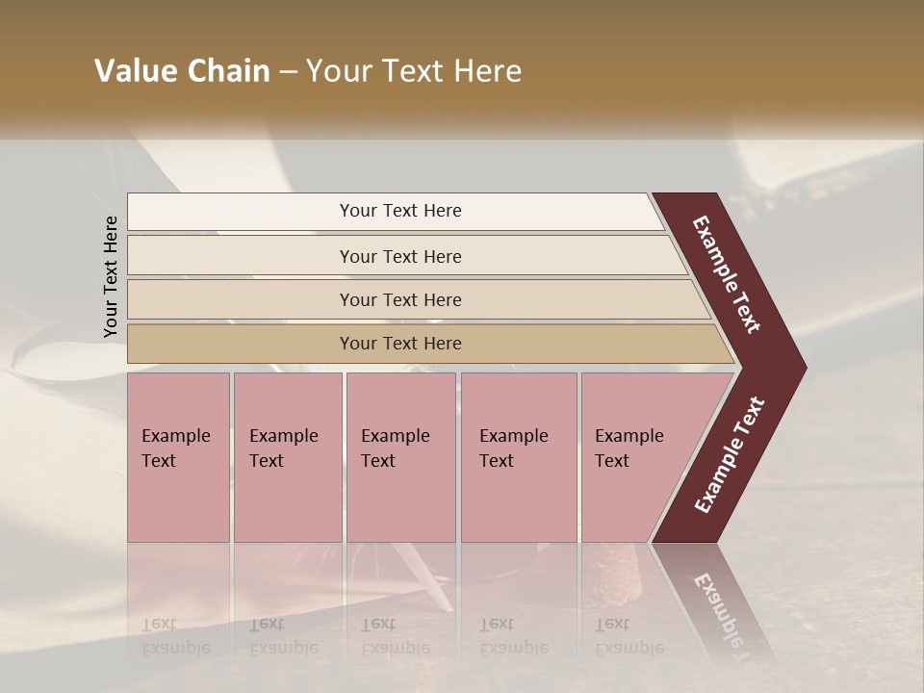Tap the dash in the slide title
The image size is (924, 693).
[288, 72]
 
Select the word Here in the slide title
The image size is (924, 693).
[487, 71]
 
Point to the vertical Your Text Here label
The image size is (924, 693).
[111, 276]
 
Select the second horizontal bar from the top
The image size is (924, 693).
[400, 256]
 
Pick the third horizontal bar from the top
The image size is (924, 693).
[400, 299]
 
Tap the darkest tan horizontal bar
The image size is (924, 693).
[400, 344]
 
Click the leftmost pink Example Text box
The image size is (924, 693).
[178, 457]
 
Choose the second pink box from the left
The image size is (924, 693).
[287, 457]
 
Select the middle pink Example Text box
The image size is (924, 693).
[399, 457]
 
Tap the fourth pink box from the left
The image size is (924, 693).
[518, 457]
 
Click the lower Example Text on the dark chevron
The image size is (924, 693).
[730, 454]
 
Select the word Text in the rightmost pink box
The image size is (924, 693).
[612, 461]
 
